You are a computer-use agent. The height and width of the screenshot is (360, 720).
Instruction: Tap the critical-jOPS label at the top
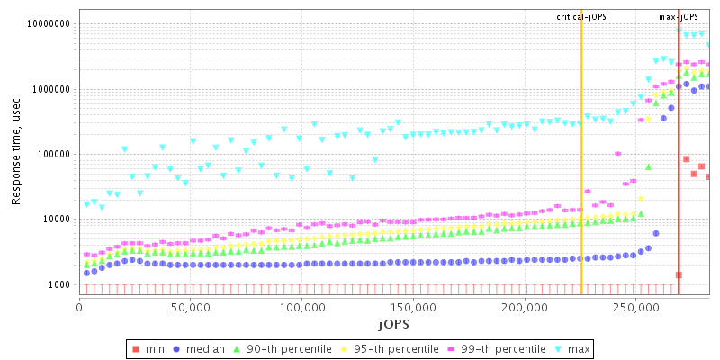pos(581,17)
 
